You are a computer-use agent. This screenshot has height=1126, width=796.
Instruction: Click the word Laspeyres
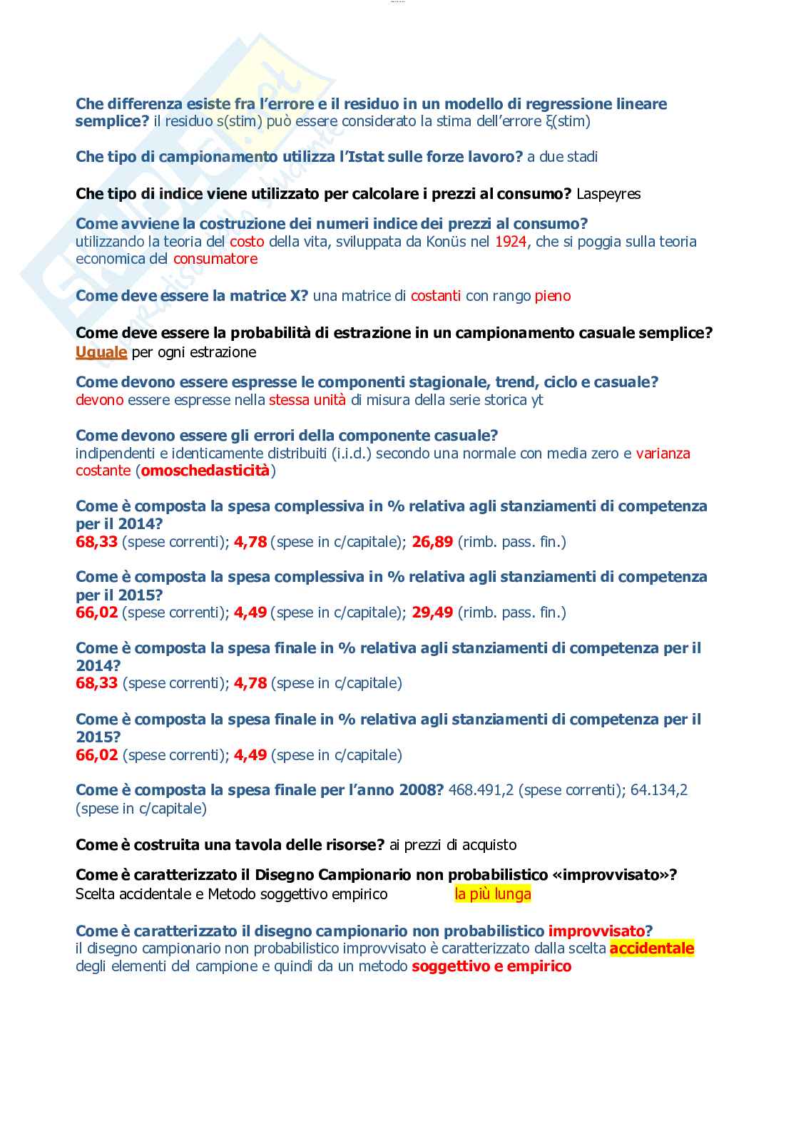tap(608, 194)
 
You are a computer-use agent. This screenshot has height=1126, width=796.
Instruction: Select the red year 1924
tap(511, 242)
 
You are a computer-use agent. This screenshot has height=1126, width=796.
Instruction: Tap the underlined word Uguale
tap(101, 352)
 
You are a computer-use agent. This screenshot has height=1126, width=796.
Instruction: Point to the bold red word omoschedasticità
tap(205, 471)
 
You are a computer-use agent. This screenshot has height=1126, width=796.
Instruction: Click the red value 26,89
tap(432, 542)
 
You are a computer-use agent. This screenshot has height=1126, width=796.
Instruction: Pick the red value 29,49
tap(432, 613)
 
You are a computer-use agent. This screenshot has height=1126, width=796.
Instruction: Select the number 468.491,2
tap(481, 790)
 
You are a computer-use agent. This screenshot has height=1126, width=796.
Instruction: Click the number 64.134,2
tap(659, 790)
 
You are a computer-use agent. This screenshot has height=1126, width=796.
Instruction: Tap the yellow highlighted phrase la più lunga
tap(493, 894)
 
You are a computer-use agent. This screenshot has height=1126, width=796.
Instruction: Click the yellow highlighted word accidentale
tap(652, 948)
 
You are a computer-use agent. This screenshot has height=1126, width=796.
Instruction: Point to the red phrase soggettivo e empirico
tap(491, 967)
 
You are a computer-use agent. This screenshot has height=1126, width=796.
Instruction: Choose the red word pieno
tap(553, 296)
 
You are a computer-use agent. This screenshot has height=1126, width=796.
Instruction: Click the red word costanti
tap(436, 296)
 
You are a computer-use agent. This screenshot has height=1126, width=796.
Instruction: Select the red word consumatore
tap(215, 259)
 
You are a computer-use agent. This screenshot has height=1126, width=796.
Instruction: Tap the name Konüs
tap(447, 242)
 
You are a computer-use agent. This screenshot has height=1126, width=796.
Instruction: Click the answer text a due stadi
tap(562, 157)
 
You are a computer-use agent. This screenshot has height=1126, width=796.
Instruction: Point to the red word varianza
tap(663, 454)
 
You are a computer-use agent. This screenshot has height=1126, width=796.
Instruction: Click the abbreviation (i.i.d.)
tap(352, 454)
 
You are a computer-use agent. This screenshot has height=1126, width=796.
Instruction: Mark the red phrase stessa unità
tap(307, 400)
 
